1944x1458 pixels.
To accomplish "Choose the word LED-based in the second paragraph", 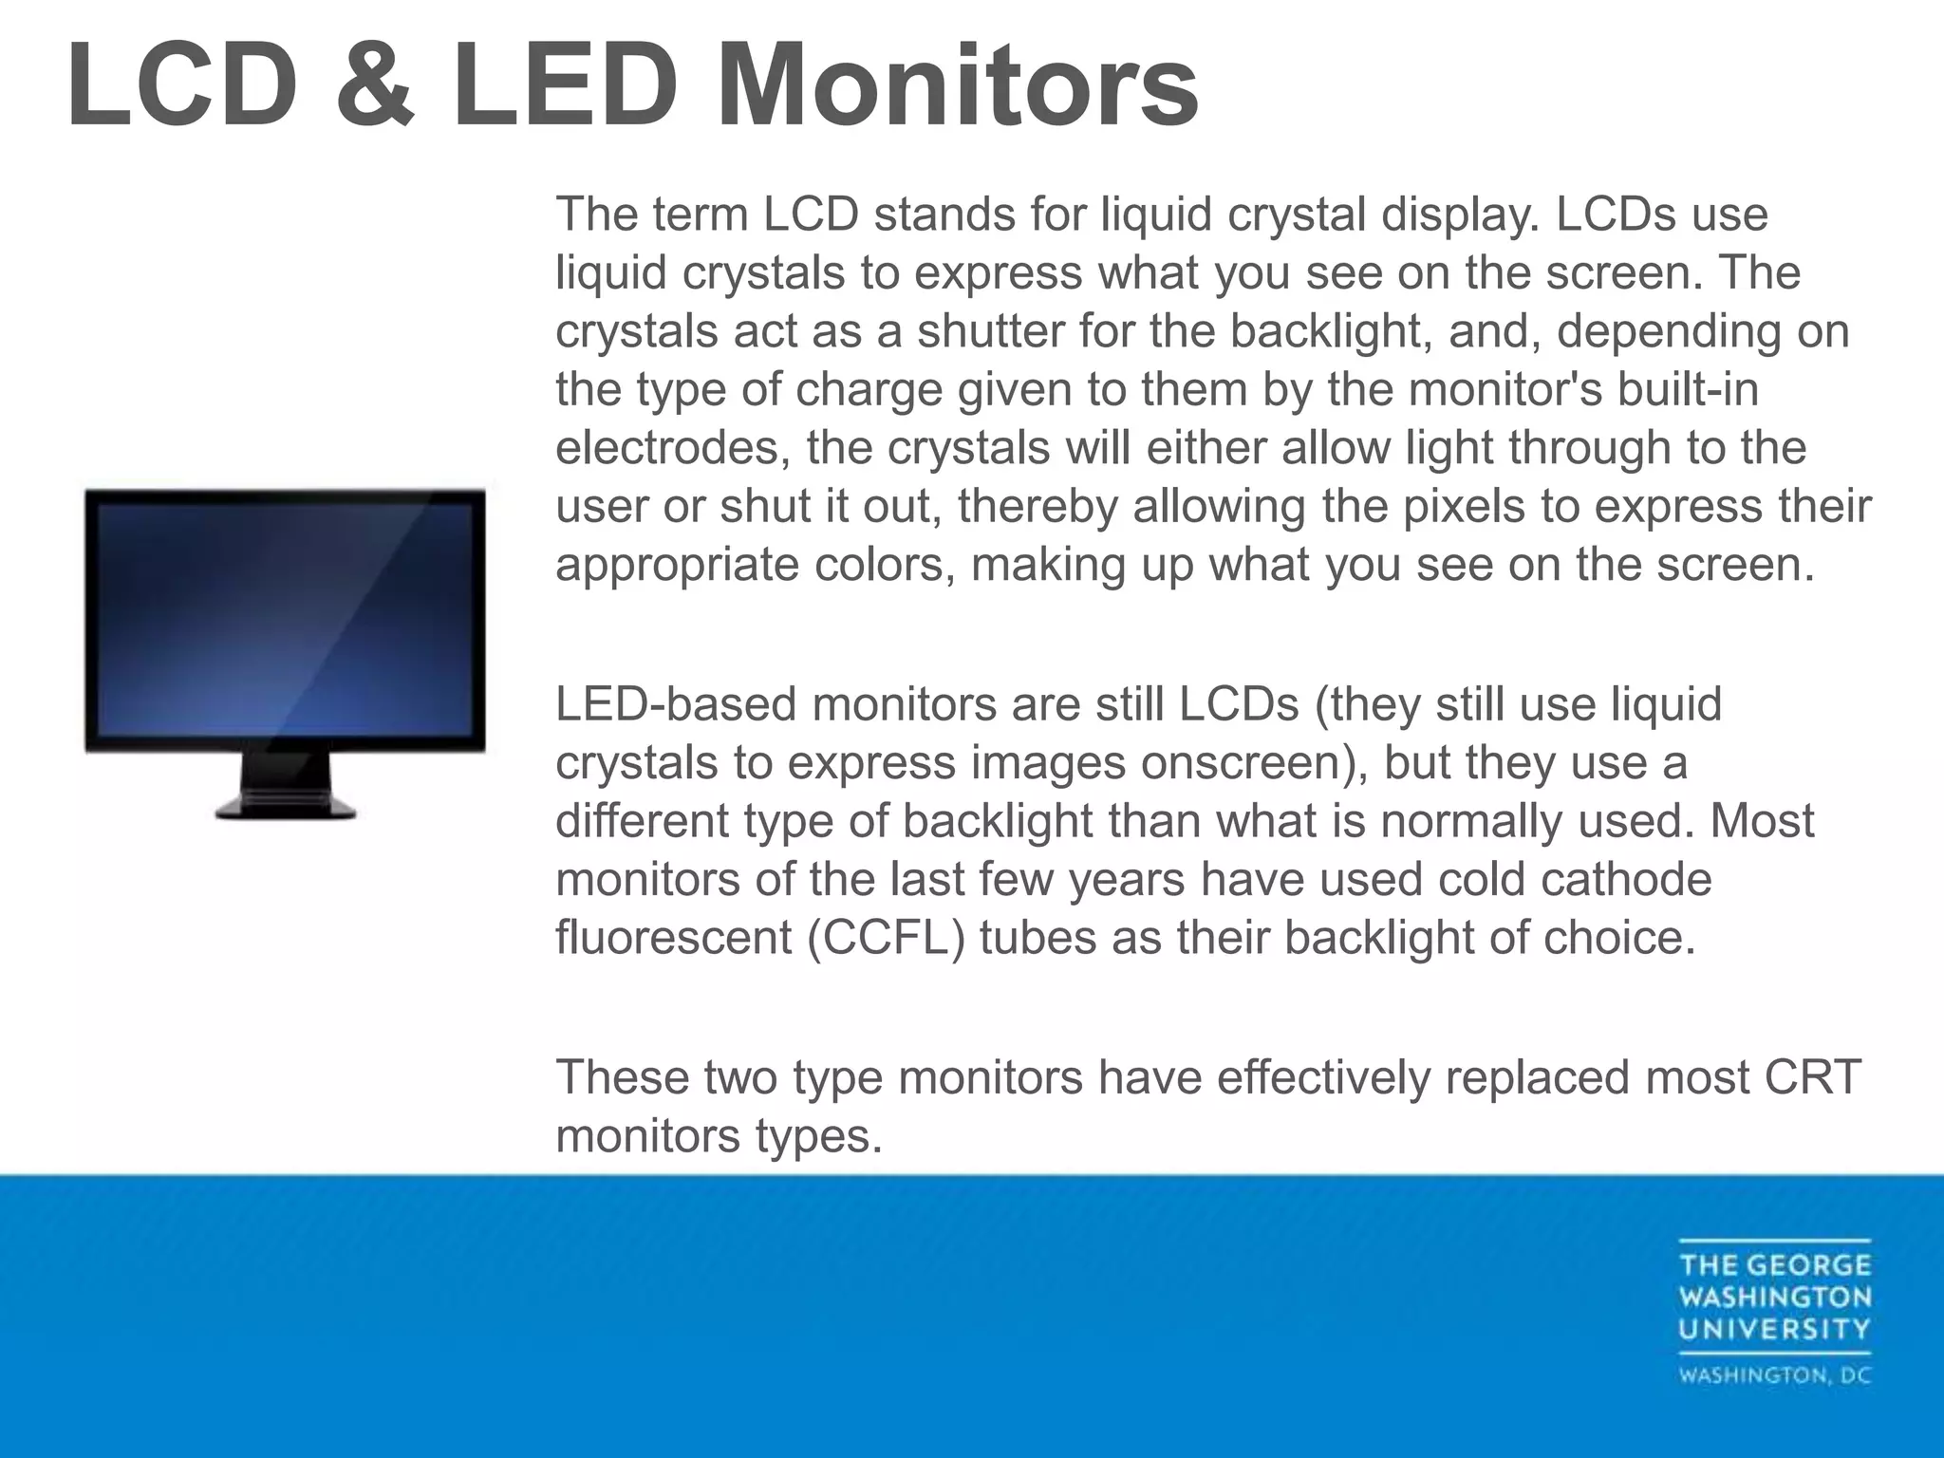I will [x=675, y=704].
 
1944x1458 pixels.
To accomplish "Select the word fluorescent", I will [x=674, y=938].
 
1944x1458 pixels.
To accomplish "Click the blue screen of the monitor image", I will [x=285, y=617].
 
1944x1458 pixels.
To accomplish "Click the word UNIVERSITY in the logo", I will [x=1774, y=1329].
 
